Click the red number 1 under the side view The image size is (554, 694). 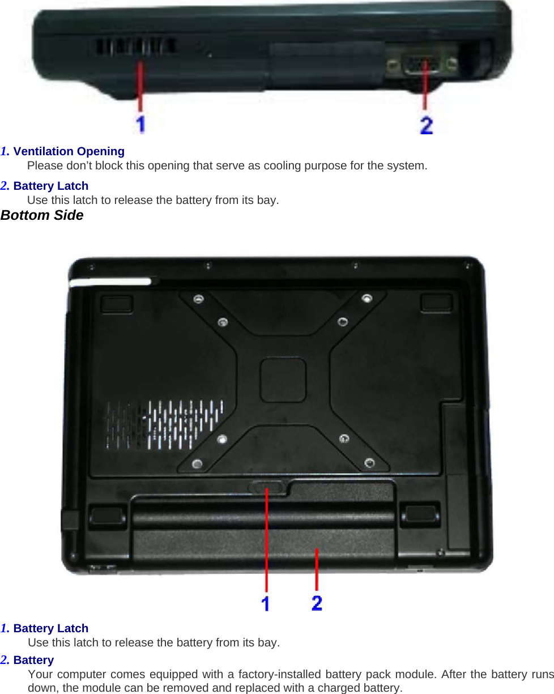(x=140, y=123)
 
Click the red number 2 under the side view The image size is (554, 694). (x=427, y=124)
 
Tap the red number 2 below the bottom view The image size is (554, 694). (x=317, y=602)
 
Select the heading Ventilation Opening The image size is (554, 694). (x=69, y=151)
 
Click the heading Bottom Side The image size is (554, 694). (x=42, y=215)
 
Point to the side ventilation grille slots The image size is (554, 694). (x=134, y=46)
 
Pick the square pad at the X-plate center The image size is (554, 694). (x=283, y=380)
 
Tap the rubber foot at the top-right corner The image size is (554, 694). (x=436, y=302)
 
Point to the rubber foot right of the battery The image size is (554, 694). (x=420, y=513)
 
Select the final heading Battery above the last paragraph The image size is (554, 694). (x=33, y=660)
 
